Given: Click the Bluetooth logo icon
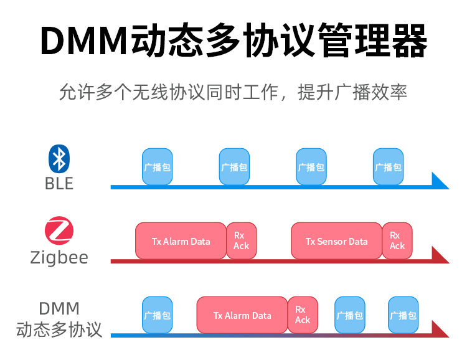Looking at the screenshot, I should pyautogui.click(x=59, y=159).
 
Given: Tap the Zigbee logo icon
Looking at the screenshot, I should pyautogui.click(x=59, y=232).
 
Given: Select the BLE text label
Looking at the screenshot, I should pyautogui.click(x=59, y=184).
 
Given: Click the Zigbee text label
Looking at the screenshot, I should pyautogui.click(x=59, y=257).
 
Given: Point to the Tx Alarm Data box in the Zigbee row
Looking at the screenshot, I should pyautogui.click(x=181, y=241).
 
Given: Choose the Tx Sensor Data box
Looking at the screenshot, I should pyautogui.click(x=336, y=241).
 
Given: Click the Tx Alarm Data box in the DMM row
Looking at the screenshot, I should pyautogui.click(x=242, y=315).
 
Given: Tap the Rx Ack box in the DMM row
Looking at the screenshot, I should pyautogui.click(x=303, y=315).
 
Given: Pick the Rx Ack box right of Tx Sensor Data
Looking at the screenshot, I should pyautogui.click(x=397, y=241).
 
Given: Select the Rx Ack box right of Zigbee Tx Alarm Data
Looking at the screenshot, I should pyautogui.click(x=242, y=241).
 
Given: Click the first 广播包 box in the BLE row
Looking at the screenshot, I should pyautogui.click(x=157, y=167).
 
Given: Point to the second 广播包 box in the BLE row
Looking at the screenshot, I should pyautogui.click(x=234, y=167).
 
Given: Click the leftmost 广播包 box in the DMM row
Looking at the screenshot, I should pyautogui.click(x=157, y=315).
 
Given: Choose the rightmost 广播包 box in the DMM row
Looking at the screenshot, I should pyautogui.click(x=403, y=315).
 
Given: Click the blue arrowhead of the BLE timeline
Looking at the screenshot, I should pyautogui.click(x=439, y=181).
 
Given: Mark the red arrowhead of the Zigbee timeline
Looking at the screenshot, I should pyautogui.click(x=439, y=255).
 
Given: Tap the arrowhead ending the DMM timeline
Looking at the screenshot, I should pyautogui.click(x=439, y=329).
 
